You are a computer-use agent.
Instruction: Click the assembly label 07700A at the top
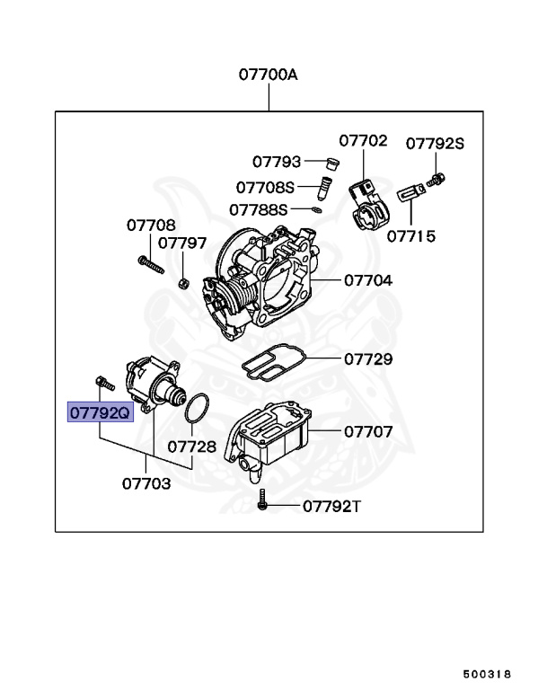tap(268, 75)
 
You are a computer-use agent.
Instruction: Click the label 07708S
tap(265, 187)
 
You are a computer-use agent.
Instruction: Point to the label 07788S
tap(258, 209)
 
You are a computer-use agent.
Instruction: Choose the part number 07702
tap(363, 140)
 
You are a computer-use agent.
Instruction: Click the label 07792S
tap(435, 143)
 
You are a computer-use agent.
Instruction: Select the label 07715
tap(410, 236)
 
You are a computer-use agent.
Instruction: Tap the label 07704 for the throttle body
tap(368, 280)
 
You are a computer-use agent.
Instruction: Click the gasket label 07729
tap(368, 359)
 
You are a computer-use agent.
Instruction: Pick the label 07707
tap(368, 432)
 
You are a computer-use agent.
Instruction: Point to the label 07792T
tap(331, 506)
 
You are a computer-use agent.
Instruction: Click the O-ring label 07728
tap(192, 447)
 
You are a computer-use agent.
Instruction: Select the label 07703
tap(146, 482)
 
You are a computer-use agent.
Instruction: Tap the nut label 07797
tap(182, 243)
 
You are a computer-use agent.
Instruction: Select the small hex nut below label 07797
tap(182, 284)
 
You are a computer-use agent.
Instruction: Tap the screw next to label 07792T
tap(262, 501)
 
